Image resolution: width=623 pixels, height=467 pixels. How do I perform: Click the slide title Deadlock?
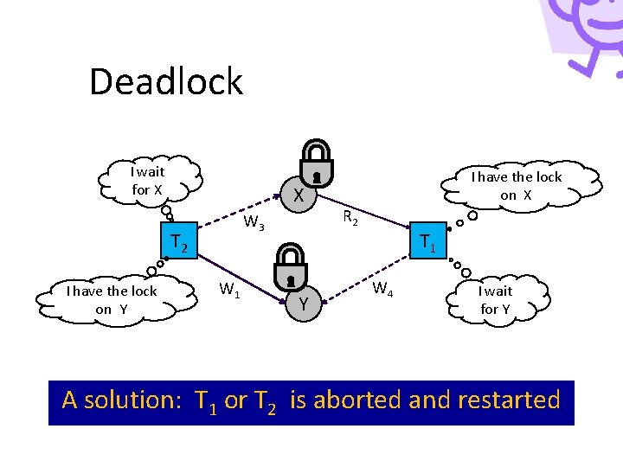click(x=166, y=82)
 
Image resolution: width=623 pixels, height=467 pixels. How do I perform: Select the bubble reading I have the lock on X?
click(x=517, y=186)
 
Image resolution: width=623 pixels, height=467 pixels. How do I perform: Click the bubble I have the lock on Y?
click(x=112, y=300)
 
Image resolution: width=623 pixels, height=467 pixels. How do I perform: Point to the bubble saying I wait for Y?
click(x=495, y=300)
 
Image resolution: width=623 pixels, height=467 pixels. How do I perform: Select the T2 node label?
click(x=179, y=243)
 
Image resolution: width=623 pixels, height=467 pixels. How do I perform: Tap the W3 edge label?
click(x=254, y=224)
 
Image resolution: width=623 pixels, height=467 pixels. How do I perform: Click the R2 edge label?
click(x=350, y=218)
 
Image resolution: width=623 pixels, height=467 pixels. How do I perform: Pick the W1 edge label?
click(x=228, y=290)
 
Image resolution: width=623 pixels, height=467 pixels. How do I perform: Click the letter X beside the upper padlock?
click(x=297, y=197)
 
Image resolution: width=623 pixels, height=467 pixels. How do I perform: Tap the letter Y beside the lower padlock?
click(x=304, y=304)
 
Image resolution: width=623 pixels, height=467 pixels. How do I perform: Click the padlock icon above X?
click(x=317, y=163)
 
